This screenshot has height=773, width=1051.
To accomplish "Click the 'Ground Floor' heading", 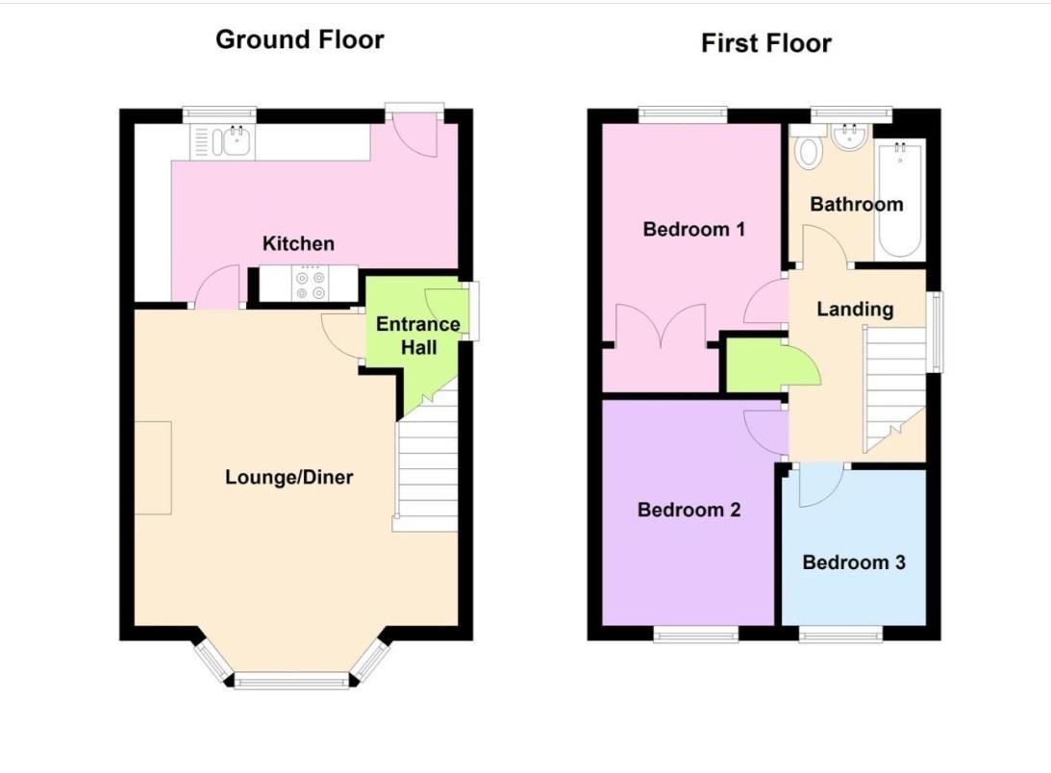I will pyautogui.click(x=299, y=39).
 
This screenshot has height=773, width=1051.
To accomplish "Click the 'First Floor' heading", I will pyautogui.click(x=765, y=43).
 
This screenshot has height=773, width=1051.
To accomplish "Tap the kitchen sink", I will pyautogui.click(x=231, y=142).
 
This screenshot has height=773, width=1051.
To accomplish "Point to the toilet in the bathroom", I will pyautogui.click(x=808, y=152).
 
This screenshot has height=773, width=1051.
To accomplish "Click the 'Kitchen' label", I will pyautogui.click(x=298, y=243).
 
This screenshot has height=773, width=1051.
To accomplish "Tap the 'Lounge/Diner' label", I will pyautogui.click(x=288, y=477).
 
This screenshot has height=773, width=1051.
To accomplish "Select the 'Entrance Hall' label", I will pyautogui.click(x=417, y=335).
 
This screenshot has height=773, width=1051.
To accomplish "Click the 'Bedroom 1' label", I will pyautogui.click(x=694, y=229).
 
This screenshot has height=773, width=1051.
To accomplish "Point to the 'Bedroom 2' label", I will pyautogui.click(x=688, y=510).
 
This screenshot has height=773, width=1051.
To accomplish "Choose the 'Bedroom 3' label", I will pyautogui.click(x=854, y=562).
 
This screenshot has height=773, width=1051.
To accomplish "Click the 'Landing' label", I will pyautogui.click(x=855, y=309).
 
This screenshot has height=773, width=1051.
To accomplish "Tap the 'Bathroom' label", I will pyautogui.click(x=856, y=204).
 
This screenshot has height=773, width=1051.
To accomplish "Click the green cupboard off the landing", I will pyautogui.click(x=756, y=365).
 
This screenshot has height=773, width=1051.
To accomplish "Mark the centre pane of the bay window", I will pyautogui.click(x=291, y=681).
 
